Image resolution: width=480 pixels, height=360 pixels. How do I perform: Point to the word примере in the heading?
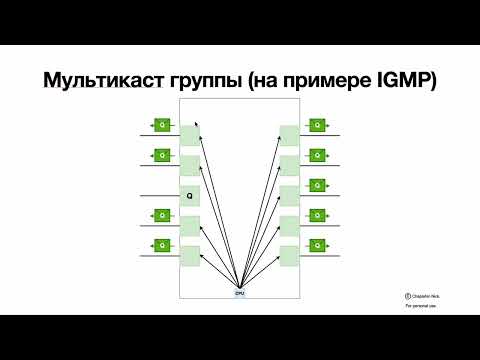click(x=332, y=82)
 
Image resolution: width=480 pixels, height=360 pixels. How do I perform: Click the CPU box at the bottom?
click(x=239, y=292)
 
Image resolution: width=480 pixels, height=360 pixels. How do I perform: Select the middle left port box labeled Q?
click(x=190, y=195)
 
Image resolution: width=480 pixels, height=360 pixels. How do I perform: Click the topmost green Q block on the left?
click(x=161, y=125)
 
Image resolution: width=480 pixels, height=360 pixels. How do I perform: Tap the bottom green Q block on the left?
click(x=161, y=244)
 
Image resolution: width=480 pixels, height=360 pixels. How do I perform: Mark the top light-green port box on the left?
click(x=190, y=135)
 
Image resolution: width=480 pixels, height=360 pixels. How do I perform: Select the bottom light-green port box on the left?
click(x=190, y=255)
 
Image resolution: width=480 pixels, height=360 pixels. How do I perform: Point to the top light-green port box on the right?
click(x=289, y=135)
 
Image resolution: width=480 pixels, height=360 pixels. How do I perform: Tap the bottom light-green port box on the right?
click(x=289, y=255)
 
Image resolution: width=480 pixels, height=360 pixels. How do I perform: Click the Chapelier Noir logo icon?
click(x=409, y=295)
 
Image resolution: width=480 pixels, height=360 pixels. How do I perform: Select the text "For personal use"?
click(x=420, y=306)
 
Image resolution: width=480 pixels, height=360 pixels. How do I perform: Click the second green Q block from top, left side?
click(x=161, y=155)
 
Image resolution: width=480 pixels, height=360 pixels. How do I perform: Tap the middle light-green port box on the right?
click(x=289, y=195)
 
